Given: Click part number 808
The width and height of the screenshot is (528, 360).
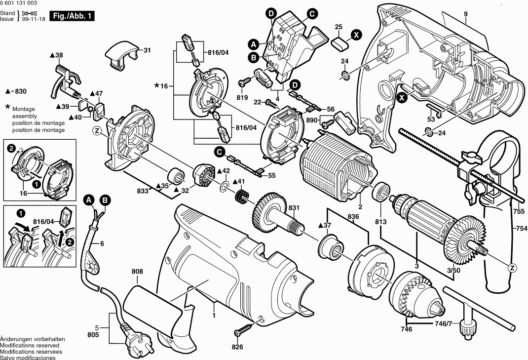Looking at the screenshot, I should (x=137, y=271).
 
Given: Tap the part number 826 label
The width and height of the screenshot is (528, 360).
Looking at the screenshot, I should (x=238, y=347).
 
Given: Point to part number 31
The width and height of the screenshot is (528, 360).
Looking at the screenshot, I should (x=148, y=50).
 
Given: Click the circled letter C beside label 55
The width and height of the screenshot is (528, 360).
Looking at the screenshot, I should (x=219, y=151).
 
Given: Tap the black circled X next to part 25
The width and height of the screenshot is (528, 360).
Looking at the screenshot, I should (x=356, y=34).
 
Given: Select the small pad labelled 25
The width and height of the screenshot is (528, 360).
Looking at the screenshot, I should (x=339, y=41).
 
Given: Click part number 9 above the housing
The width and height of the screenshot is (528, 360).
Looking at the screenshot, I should (x=465, y=14).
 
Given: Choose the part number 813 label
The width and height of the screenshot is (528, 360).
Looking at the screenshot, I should (x=380, y=222).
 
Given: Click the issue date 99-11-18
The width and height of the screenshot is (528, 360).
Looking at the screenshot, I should (x=32, y=19).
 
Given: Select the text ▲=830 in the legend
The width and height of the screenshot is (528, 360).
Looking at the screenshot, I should (x=16, y=91).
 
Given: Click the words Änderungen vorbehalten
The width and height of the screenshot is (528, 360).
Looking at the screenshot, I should (x=32, y=340).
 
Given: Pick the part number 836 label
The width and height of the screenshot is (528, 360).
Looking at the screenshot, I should (x=353, y=216).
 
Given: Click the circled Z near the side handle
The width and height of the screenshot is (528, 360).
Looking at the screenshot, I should (x=512, y=267).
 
